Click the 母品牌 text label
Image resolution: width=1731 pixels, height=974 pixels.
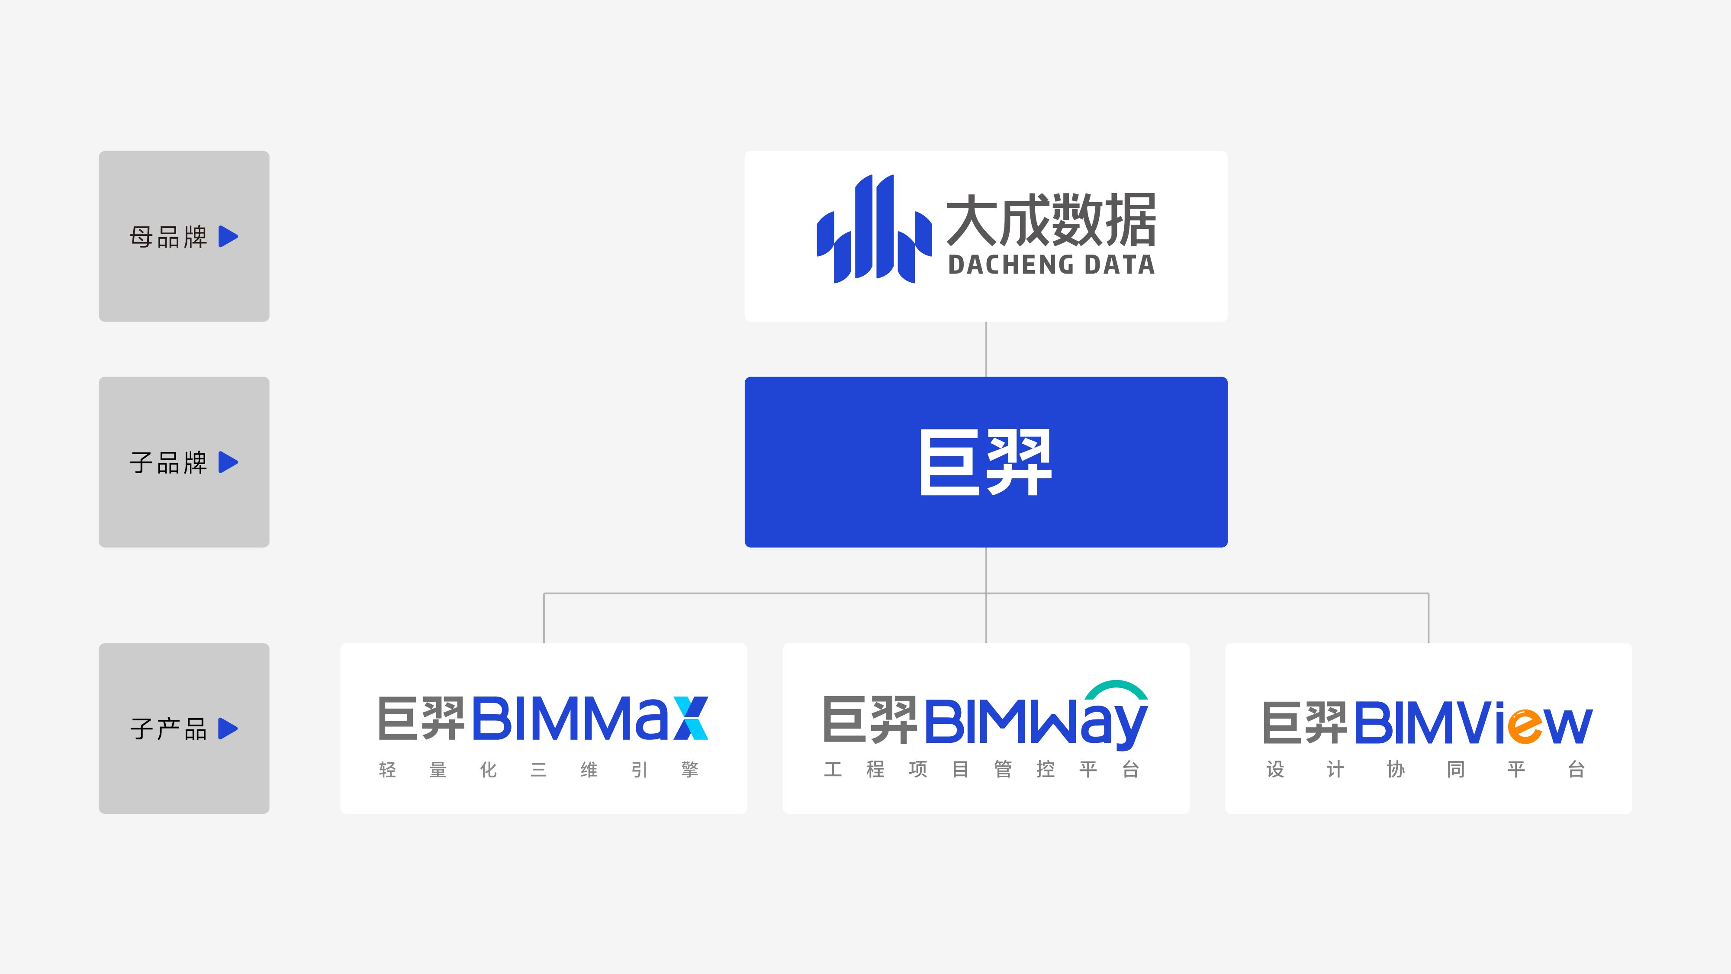(169, 237)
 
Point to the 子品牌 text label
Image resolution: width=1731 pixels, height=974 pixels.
(169, 462)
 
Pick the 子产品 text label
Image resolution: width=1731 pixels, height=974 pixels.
(169, 729)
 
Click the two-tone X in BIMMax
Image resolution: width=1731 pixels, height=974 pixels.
(690, 718)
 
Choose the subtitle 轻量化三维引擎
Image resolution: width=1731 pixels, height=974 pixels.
(539, 770)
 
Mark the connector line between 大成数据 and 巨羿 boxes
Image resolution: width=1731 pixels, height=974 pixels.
(986, 349)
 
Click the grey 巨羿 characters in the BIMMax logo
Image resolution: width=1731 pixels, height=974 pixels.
(421, 718)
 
